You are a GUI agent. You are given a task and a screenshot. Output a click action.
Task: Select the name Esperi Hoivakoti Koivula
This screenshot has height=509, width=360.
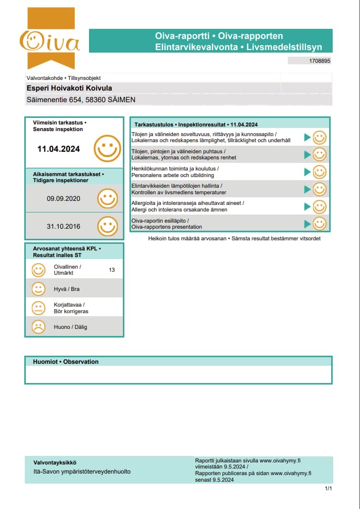69,88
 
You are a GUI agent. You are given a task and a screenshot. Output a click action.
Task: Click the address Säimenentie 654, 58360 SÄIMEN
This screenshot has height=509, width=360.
81,100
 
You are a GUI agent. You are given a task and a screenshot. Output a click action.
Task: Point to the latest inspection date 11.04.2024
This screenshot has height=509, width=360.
59,149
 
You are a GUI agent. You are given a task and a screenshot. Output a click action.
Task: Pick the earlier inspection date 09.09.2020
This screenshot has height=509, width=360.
63,199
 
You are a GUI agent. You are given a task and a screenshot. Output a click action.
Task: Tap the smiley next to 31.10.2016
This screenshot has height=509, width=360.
107,226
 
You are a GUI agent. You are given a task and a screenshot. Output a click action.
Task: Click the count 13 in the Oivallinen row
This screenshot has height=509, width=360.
112,270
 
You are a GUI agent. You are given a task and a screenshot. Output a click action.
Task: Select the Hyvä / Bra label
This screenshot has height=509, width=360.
67,289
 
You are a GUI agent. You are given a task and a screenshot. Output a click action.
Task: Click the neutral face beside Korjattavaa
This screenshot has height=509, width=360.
38,308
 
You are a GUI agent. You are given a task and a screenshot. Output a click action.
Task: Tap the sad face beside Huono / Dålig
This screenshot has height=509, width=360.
38,327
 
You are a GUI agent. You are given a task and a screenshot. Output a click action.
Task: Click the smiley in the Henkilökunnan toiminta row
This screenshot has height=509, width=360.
320,172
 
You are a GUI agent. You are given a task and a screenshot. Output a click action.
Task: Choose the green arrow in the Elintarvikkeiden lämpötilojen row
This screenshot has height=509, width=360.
307,189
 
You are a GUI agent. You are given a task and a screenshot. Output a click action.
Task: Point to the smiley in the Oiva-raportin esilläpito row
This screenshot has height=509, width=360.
320,224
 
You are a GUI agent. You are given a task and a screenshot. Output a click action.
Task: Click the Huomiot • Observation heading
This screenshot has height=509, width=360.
66,362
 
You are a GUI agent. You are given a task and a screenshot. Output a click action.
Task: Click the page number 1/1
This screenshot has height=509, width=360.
328,488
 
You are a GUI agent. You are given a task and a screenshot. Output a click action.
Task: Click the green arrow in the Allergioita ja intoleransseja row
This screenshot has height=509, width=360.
307,206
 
